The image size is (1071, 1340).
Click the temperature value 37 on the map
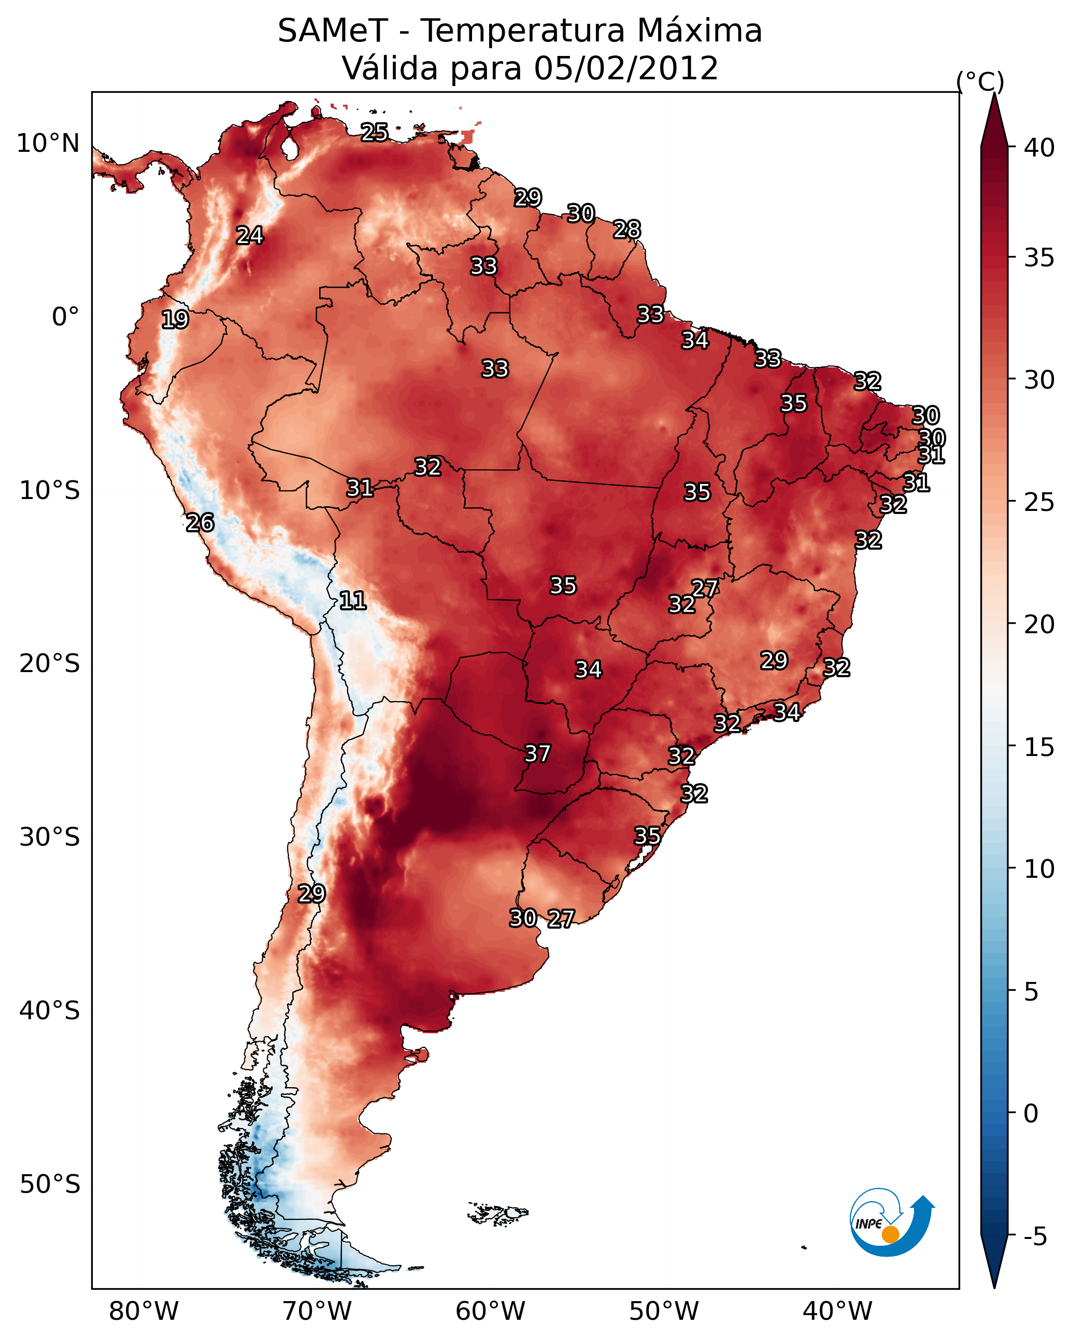[537, 753]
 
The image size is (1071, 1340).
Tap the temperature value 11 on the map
[352, 601]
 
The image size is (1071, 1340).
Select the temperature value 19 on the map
[175, 320]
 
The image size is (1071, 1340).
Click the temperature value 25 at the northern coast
[374, 132]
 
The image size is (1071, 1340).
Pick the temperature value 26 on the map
[200, 523]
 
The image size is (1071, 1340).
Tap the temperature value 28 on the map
[626, 230]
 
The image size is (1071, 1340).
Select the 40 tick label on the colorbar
[1039, 148]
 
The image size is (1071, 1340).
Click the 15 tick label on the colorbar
[1039, 747]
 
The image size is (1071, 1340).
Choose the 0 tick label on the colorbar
[1031, 1114]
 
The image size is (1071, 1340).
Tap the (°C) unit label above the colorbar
[980, 81]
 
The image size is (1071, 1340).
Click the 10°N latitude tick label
[48, 144]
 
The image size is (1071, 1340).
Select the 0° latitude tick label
[65, 317]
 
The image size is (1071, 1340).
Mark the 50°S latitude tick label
[50, 1185]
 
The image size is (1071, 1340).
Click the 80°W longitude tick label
[144, 1311]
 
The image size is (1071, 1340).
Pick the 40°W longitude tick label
[837, 1311]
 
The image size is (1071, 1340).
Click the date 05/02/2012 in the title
[626, 68]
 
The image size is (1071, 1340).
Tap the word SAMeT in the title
[333, 31]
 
